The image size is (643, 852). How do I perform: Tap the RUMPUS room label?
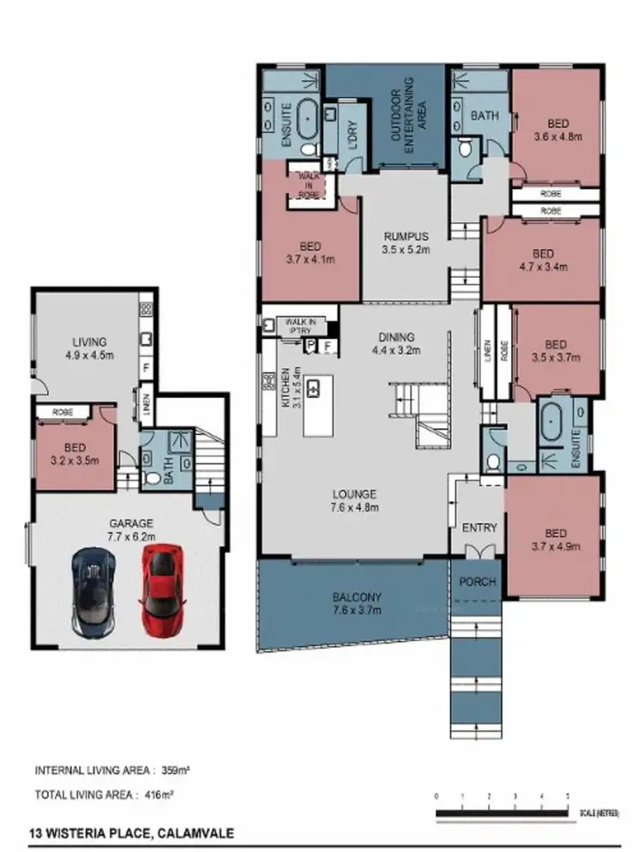pos(406,244)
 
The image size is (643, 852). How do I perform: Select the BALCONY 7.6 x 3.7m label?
pos(358,603)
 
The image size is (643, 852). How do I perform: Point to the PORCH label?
pos(478,582)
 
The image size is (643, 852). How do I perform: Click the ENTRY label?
pos(478,528)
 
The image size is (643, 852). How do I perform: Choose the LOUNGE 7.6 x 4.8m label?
pos(355,500)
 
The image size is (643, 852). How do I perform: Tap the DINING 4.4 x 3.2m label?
pos(394,343)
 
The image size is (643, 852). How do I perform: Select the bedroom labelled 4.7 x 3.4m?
pos(543,260)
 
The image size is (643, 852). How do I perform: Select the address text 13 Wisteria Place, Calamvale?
pos(129,832)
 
